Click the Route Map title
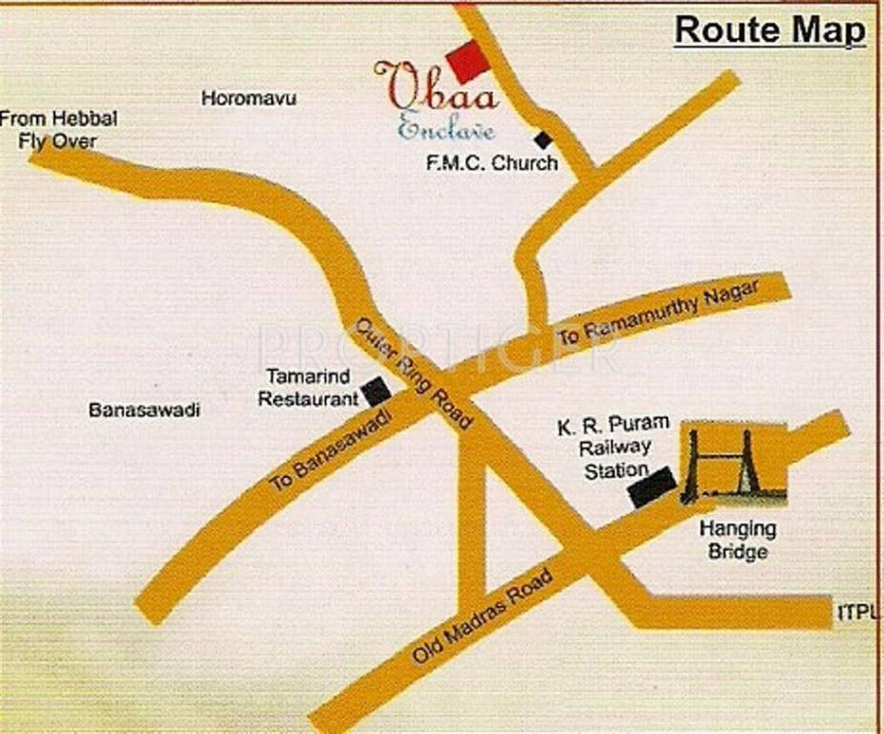(769, 30)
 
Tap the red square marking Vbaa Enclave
(467, 62)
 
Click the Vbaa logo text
(435, 89)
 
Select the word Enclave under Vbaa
(445, 128)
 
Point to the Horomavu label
(248, 97)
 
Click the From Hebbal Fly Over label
(58, 130)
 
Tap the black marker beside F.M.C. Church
(543, 140)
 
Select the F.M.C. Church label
(491, 163)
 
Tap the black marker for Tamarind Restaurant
(376, 391)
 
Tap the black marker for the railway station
(651, 488)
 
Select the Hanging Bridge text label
(738, 540)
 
